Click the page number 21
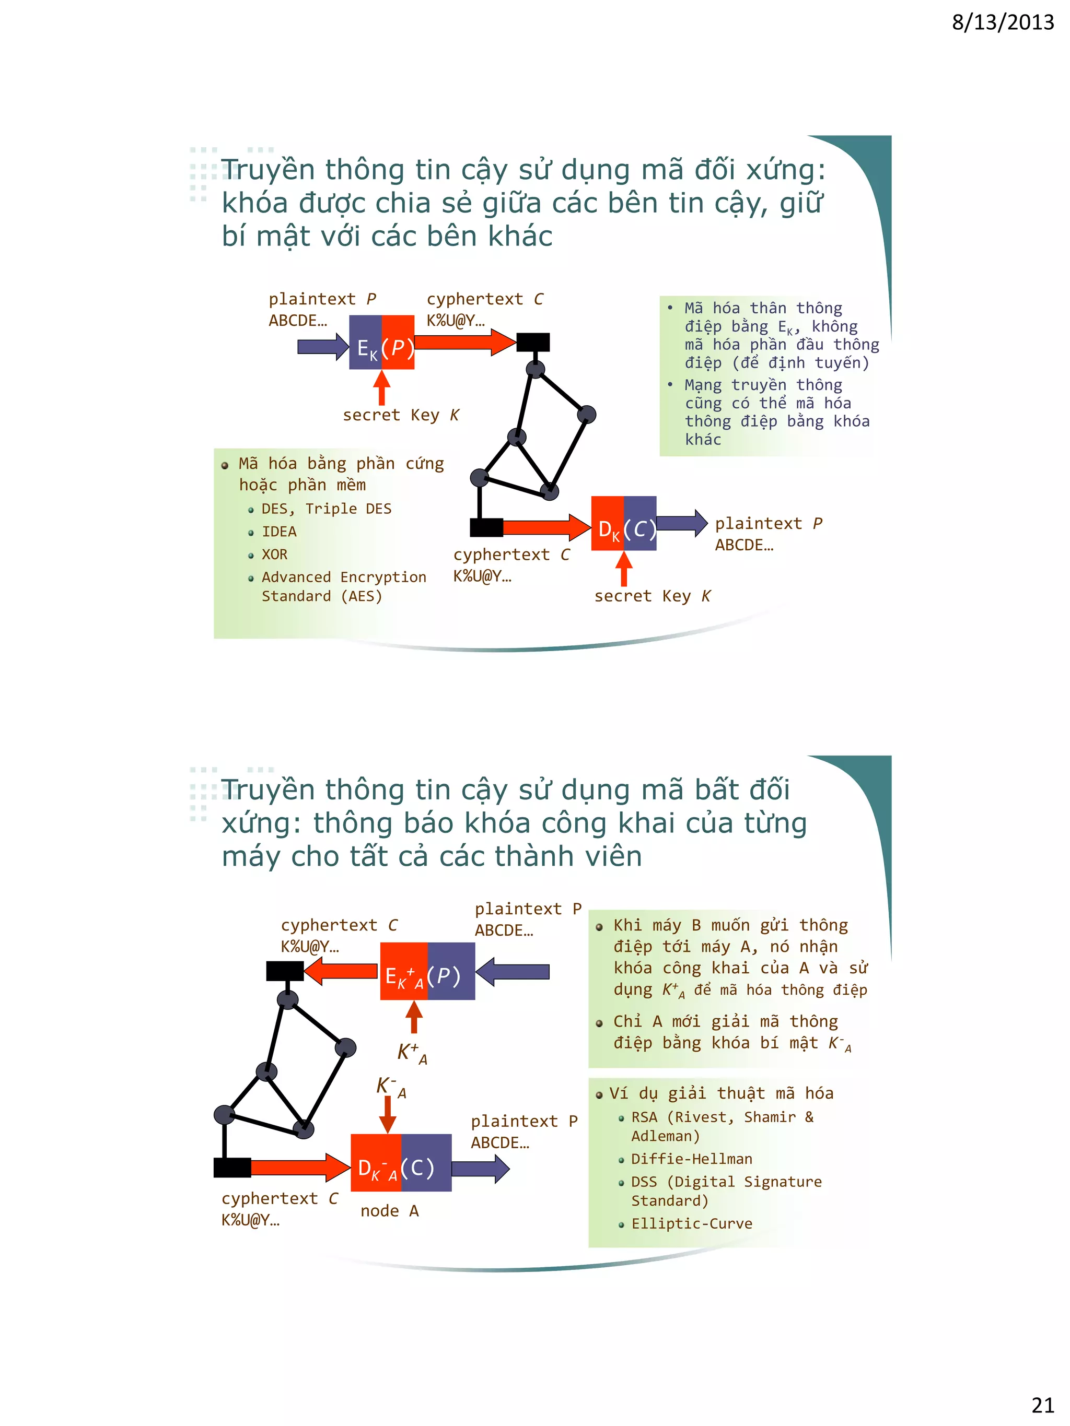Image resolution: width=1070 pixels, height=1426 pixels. pos(1042,1404)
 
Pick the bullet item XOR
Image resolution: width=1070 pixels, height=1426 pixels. pos(274,555)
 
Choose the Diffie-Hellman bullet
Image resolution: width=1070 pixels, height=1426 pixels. pos(691,1159)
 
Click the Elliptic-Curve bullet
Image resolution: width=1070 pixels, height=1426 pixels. pos(691,1223)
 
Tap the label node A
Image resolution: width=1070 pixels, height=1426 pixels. pos(390,1211)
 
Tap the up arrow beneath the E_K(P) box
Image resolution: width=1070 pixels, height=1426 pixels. pos(382,388)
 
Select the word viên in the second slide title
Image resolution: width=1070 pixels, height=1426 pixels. pos(614,856)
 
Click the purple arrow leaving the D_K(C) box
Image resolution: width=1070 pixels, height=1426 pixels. pos(682,523)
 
